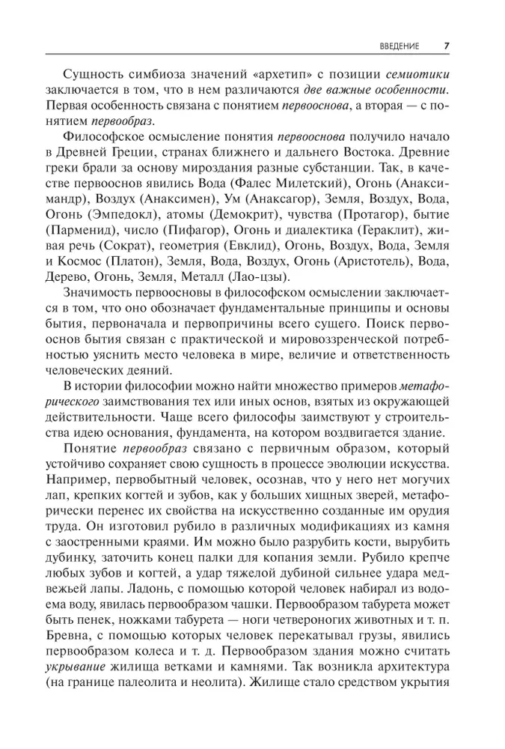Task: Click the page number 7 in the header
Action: click(x=446, y=45)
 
